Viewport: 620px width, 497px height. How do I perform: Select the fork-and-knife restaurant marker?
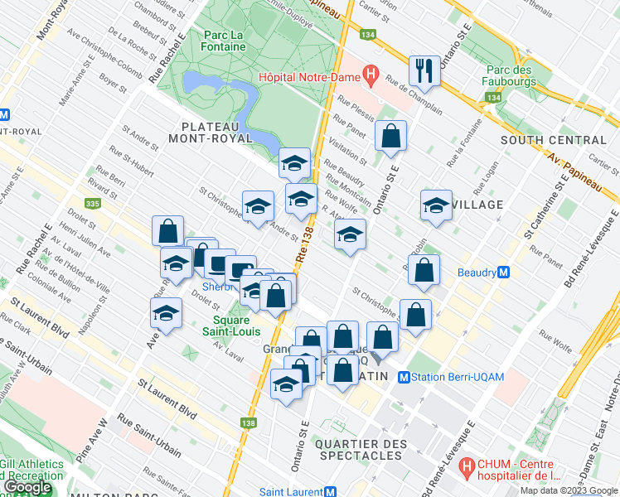coord(424,71)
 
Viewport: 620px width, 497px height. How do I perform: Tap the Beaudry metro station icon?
coord(504,272)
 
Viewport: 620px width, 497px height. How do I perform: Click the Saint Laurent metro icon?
coord(328,492)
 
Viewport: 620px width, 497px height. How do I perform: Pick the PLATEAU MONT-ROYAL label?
coord(217,133)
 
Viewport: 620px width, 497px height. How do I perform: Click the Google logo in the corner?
coord(28,487)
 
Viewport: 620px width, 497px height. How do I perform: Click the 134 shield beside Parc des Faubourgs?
coord(494,98)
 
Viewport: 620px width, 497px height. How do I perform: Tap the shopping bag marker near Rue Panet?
coord(390,136)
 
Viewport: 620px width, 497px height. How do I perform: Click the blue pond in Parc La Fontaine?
coord(203,83)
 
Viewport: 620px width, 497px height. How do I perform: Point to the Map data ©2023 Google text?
coord(569,490)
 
